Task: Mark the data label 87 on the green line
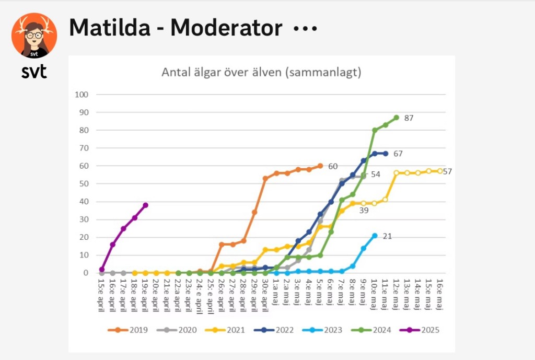409,118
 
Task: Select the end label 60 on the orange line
333,166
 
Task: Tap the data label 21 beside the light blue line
387,236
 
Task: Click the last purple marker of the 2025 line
145,205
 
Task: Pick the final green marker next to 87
396,118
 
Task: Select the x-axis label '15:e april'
102,294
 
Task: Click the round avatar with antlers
34,35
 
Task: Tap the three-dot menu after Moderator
306,29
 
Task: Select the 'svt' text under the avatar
34,72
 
